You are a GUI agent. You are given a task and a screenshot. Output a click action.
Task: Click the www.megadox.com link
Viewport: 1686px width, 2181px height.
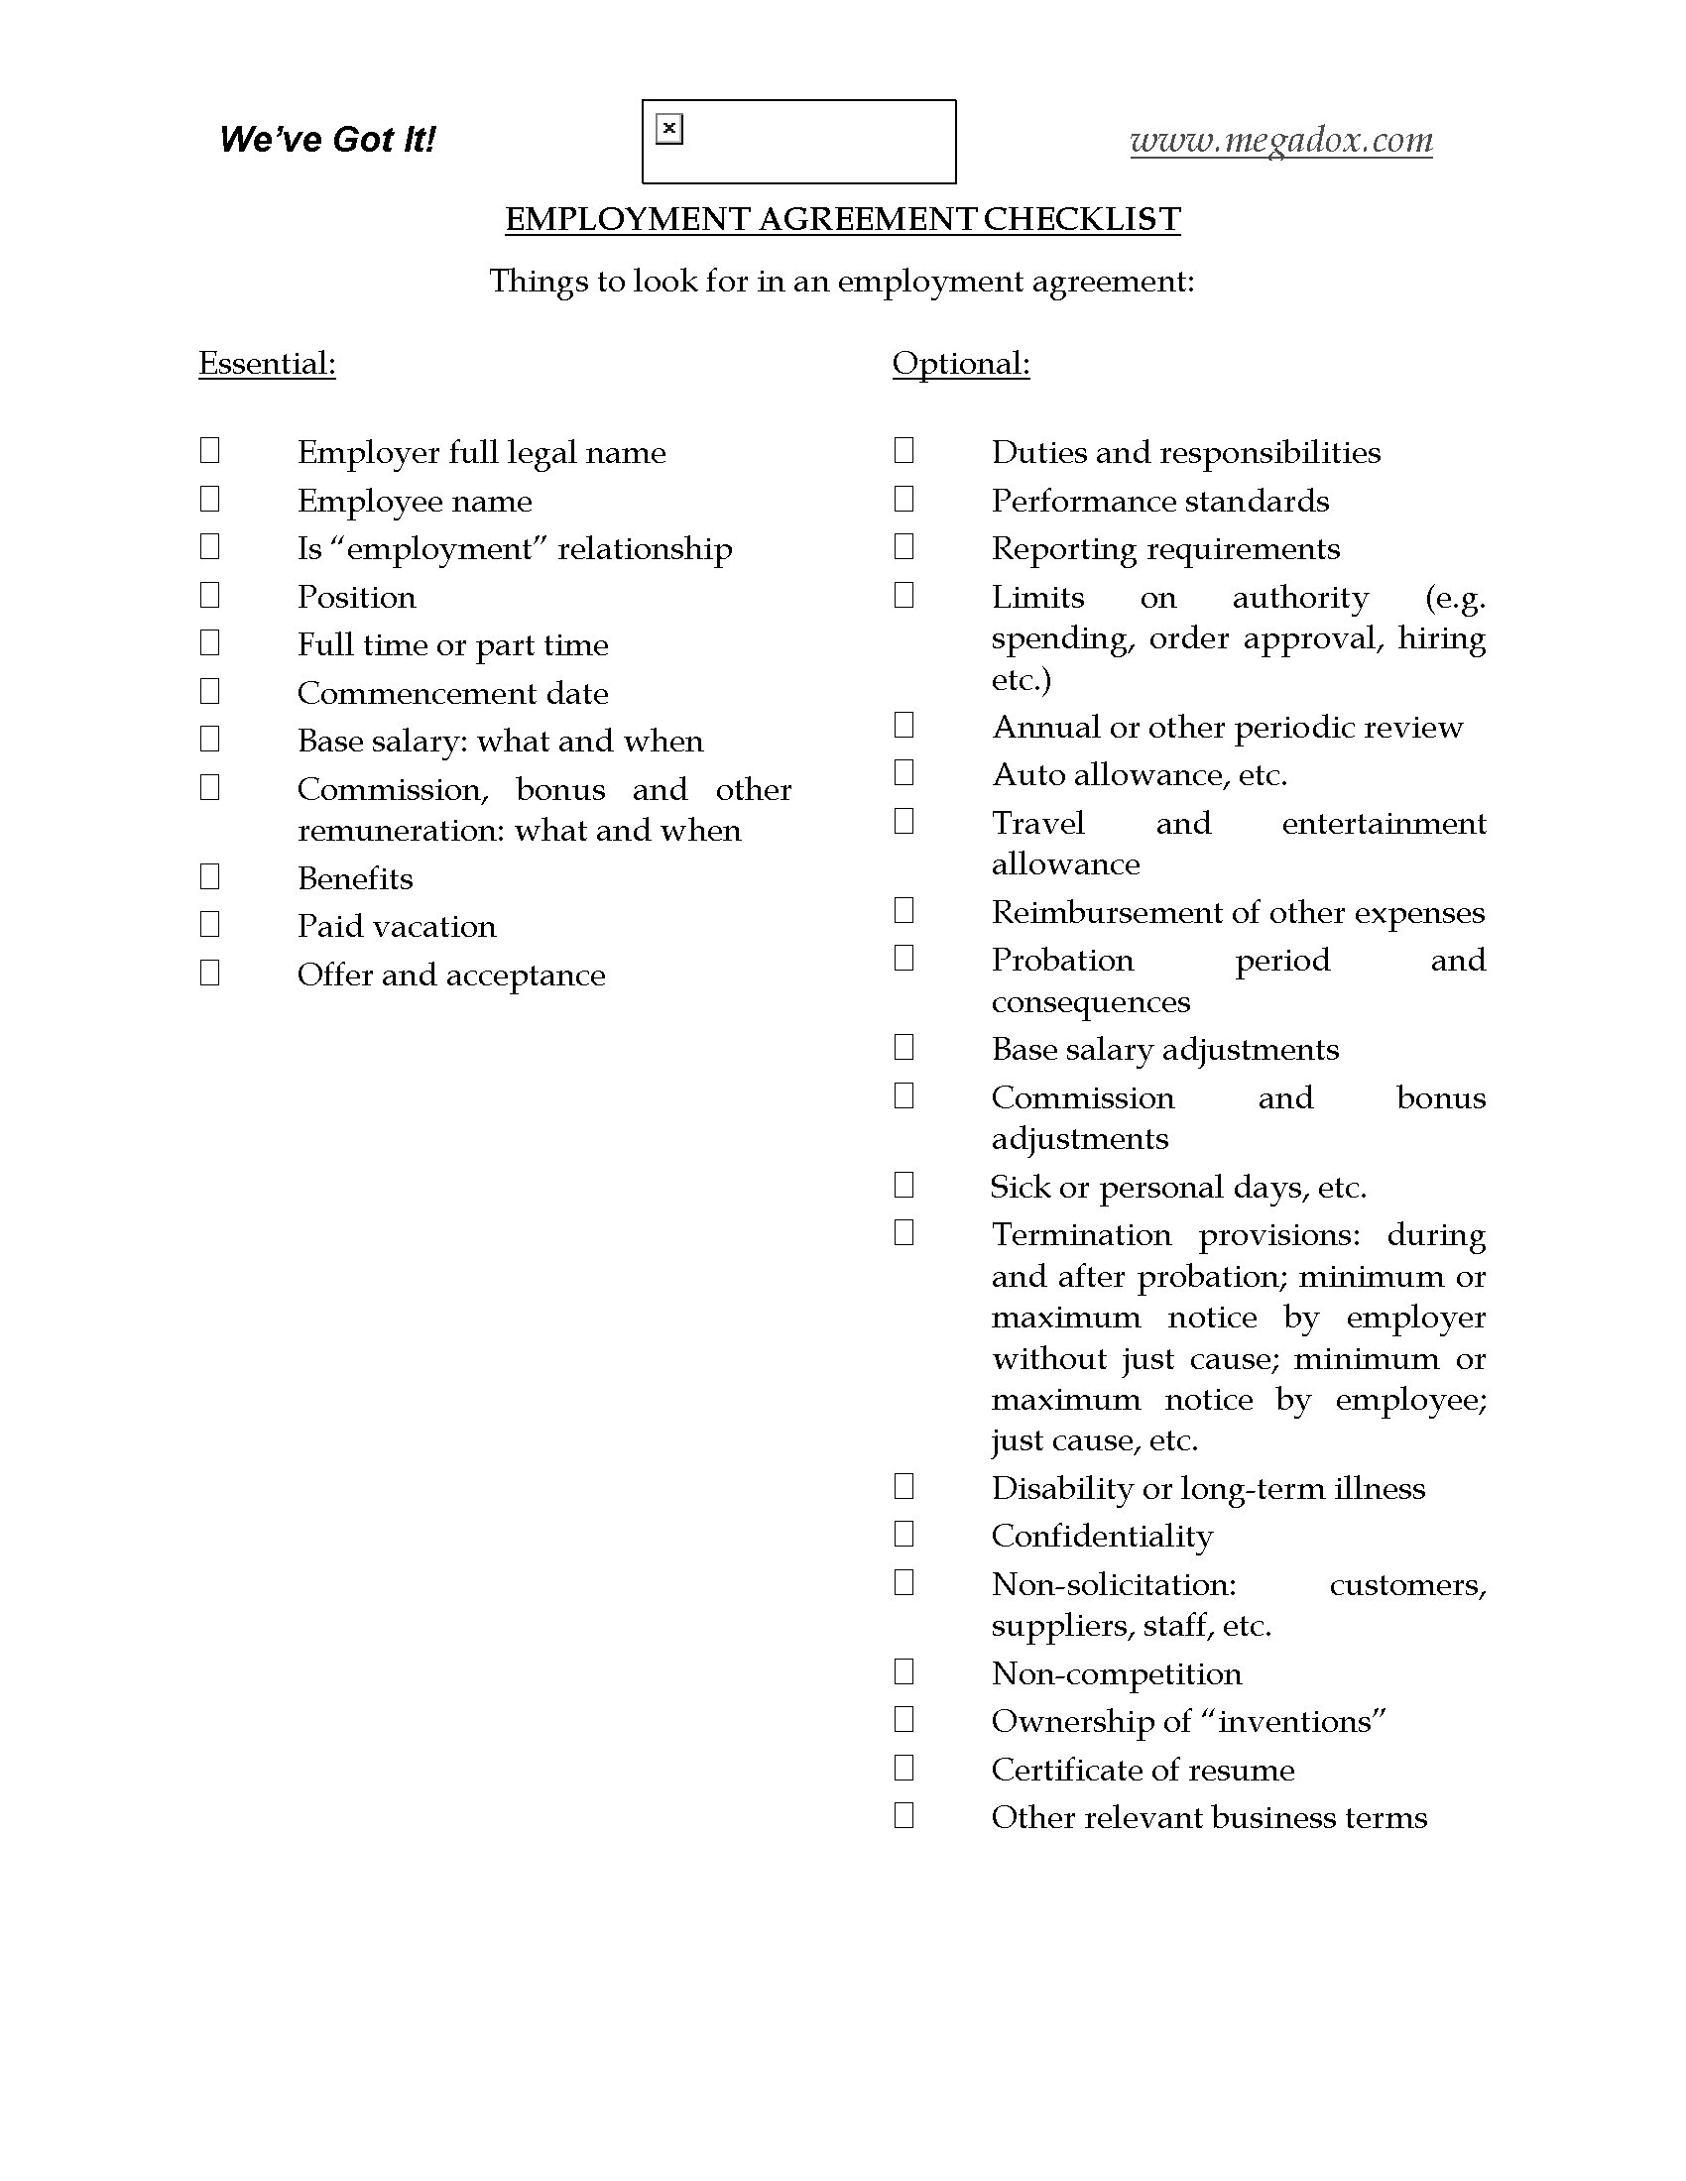[1280, 140]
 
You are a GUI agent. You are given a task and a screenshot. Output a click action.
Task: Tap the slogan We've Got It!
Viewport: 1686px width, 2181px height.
[327, 139]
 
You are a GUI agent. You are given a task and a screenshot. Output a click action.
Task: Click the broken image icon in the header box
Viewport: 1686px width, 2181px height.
[669, 129]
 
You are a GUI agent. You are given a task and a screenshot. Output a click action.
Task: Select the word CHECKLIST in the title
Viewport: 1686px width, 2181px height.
[1082, 220]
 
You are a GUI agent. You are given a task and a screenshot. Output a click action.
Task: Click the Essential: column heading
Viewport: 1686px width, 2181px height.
[267, 364]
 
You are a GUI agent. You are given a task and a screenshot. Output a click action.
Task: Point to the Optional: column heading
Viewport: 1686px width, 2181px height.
[960, 364]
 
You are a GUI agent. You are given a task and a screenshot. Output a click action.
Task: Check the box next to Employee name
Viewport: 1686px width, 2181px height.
[209, 499]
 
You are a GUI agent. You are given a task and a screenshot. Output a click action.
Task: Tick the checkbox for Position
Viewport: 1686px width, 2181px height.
[209, 595]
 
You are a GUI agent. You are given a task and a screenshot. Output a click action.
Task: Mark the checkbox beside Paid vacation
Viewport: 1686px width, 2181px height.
[209, 925]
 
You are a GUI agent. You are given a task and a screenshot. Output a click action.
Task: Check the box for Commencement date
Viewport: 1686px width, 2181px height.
[209, 691]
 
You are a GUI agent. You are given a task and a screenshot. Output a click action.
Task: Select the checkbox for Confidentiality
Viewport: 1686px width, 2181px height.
[903, 1534]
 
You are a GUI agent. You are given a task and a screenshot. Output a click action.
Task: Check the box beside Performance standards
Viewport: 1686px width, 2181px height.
[903, 499]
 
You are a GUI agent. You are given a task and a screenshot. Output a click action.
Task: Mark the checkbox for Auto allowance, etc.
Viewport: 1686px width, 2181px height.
[903, 773]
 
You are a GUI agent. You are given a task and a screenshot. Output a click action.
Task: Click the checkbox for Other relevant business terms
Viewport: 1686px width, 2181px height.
[903, 1815]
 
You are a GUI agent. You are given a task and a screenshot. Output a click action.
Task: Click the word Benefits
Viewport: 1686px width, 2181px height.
[355, 878]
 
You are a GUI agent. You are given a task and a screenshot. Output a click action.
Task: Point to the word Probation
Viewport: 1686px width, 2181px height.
[1062, 961]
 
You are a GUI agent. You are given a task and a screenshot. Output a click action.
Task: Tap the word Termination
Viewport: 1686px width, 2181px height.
[1081, 1235]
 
